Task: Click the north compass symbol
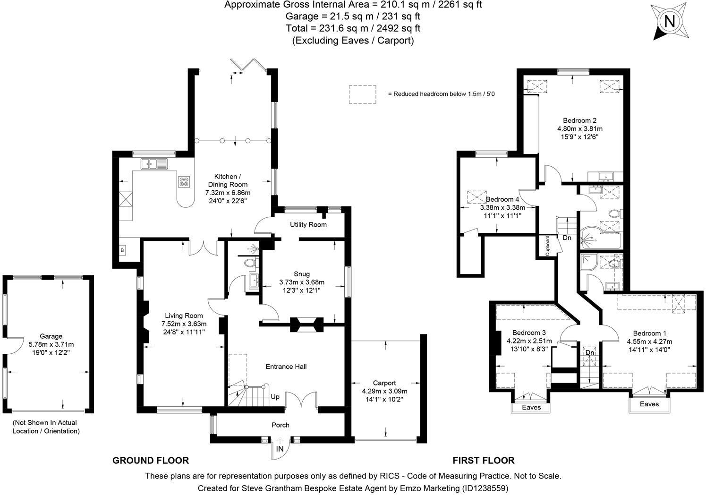coord(669,22)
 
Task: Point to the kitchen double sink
coord(154,164)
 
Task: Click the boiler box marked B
coord(122,250)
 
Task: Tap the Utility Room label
coord(308,224)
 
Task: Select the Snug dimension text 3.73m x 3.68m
coord(302,282)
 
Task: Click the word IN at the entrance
coord(280,449)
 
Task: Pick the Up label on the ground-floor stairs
coord(275,397)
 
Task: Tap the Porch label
coord(281,425)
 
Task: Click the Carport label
coord(384,383)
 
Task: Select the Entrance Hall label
coord(286,367)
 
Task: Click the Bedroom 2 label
coord(579,120)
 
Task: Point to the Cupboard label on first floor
coord(548,246)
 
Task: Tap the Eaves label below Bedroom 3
coord(531,407)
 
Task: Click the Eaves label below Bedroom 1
coord(649,404)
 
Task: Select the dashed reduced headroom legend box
coord(362,94)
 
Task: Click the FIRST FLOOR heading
coord(484,461)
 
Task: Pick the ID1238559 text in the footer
coord(485,488)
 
